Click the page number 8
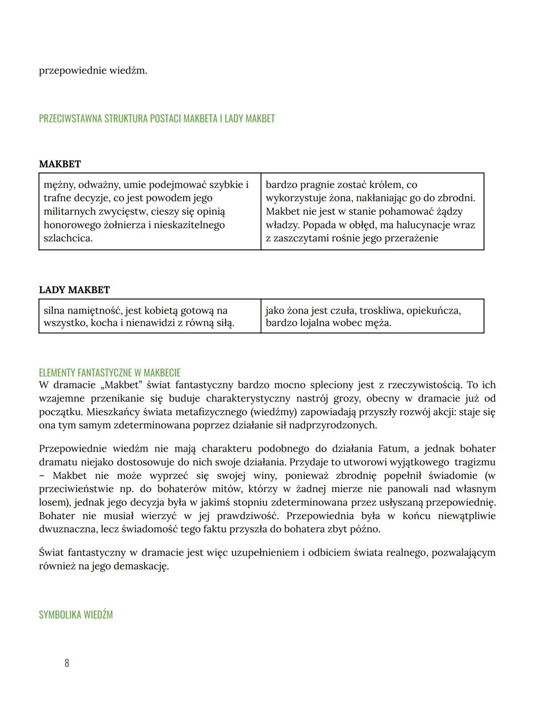pyautogui.click(x=66, y=663)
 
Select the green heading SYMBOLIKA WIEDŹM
pyautogui.click(x=76, y=615)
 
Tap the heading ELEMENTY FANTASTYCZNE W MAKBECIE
pyautogui.click(x=109, y=372)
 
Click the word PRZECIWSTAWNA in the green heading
pyautogui.click(x=70, y=119)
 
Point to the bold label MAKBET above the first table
pyautogui.click(x=60, y=164)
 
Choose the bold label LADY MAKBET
pyautogui.click(x=74, y=290)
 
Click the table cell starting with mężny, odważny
pyautogui.click(x=150, y=211)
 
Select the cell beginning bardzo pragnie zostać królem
pyautogui.click(x=372, y=211)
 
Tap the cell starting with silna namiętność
pyautogui.click(x=150, y=316)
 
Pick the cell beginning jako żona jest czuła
pyautogui.click(x=372, y=316)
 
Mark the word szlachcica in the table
pyautogui.click(x=68, y=238)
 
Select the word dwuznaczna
pyautogui.click(x=69, y=529)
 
